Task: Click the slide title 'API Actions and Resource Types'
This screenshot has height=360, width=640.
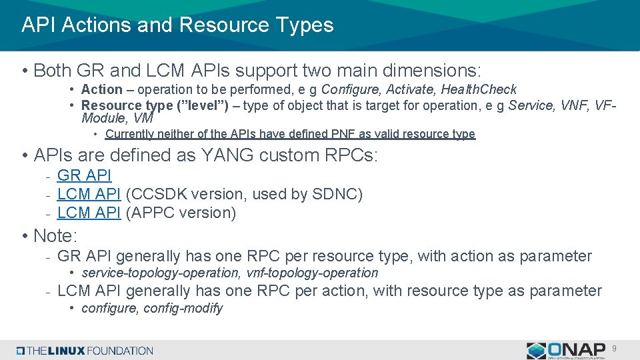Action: click(x=177, y=25)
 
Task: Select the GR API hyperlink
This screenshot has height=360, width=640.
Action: click(x=84, y=175)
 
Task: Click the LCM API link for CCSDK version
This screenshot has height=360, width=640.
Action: click(x=89, y=194)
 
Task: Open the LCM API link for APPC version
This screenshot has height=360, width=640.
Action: click(x=89, y=213)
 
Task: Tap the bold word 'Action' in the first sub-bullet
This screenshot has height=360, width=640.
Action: click(x=101, y=89)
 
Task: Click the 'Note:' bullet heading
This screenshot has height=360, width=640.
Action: click(x=55, y=235)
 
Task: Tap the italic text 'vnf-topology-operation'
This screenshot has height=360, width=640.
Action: click(x=313, y=273)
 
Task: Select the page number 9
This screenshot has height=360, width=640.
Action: click(x=615, y=348)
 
